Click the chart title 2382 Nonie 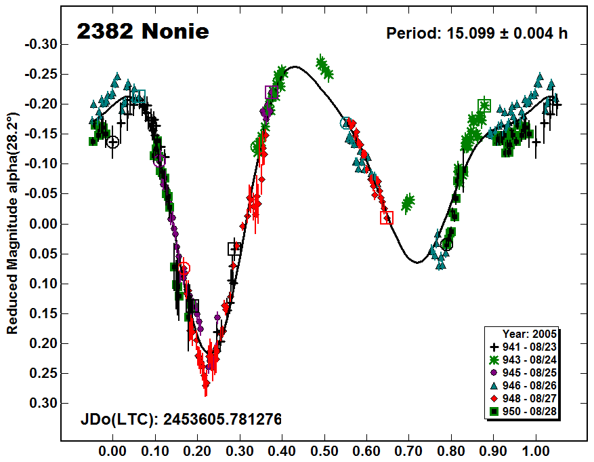pyautogui.click(x=142, y=32)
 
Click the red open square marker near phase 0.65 pyautogui.click(x=387, y=218)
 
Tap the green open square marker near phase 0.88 pyautogui.click(x=484, y=105)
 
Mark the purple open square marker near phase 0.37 pyautogui.click(x=271, y=92)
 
